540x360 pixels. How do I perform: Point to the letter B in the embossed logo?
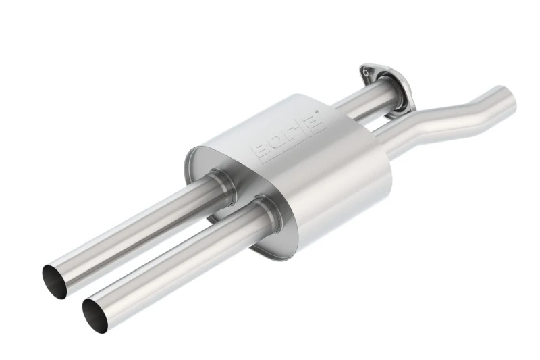[x=262, y=151]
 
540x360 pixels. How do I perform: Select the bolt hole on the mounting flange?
[x=366, y=72]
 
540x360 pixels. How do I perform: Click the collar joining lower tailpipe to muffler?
[x=268, y=211]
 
